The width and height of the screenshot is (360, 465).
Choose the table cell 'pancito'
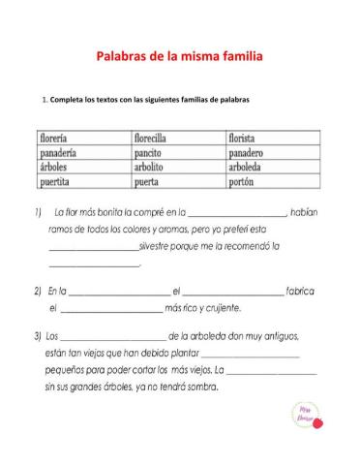150,152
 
